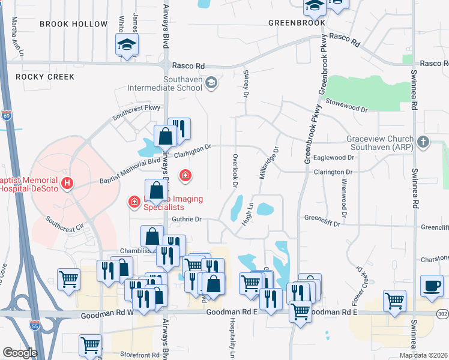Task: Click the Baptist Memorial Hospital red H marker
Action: [x=68, y=182]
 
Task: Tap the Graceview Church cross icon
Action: [x=424, y=142]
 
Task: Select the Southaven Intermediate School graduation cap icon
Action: [x=211, y=82]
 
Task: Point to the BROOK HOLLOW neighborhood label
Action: [x=74, y=24]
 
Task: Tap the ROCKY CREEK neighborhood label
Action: [x=45, y=77]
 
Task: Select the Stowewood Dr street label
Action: [x=346, y=106]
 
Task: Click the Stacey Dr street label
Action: [x=246, y=82]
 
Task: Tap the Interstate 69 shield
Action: [x=7, y=115]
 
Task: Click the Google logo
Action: [x=19, y=353]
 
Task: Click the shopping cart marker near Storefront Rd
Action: [x=90, y=346]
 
